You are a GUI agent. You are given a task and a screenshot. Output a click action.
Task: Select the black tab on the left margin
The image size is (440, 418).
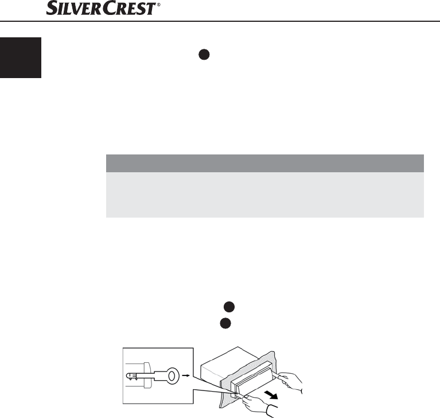(21, 58)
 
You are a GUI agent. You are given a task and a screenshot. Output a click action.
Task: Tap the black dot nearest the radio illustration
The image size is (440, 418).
(224, 323)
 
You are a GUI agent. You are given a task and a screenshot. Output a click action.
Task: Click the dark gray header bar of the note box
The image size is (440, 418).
(264, 163)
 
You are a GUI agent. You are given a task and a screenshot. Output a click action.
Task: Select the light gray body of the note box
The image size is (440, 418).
(264, 195)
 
